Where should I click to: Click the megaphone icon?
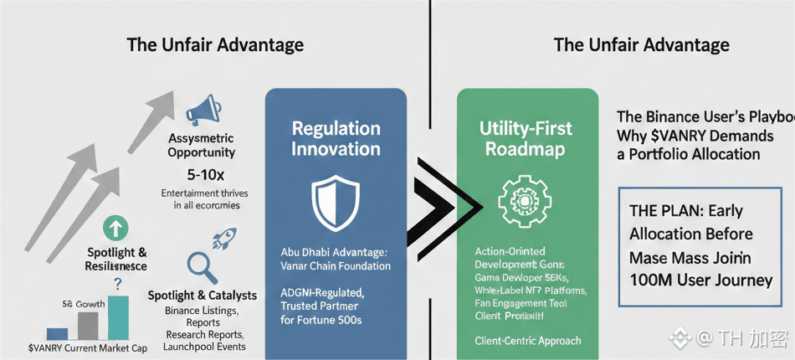pyautogui.click(x=203, y=110)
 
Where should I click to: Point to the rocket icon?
pyautogui.click(x=223, y=241)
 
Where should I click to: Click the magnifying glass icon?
pyautogui.click(x=202, y=266)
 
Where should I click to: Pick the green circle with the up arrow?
pyautogui.click(x=115, y=228)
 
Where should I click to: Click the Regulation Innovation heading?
pyautogui.click(x=336, y=139)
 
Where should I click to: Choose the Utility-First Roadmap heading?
pyautogui.click(x=526, y=139)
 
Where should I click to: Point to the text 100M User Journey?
pyautogui.click(x=700, y=280)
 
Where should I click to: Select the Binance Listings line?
pyautogui.click(x=202, y=311)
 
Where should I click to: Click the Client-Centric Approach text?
pyautogui.click(x=527, y=341)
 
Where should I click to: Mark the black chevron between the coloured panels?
pyautogui.click(x=444, y=201)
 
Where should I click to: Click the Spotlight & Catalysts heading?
pyautogui.click(x=202, y=296)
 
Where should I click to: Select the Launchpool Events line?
pyautogui.click(x=204, y=346)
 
